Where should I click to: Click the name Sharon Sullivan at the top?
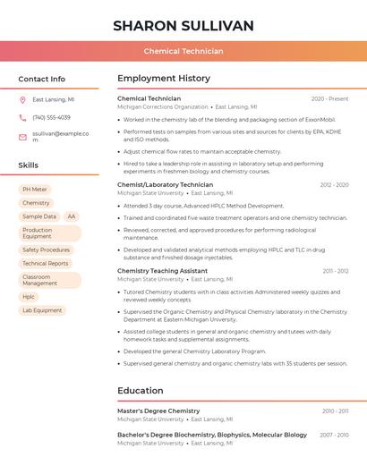[183, 25]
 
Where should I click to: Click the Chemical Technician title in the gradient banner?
[183, 52]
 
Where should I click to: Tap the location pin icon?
[22, 100]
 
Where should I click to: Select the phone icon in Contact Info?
[22, 117]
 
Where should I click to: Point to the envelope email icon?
[22, 137]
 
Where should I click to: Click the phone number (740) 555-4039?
[51, 117]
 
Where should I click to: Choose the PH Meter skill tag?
[35, 190]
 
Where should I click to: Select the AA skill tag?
[71, 216]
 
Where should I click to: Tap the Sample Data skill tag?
[38, 216]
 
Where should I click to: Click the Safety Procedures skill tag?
[46, 250]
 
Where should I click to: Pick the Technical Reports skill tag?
[45, 263]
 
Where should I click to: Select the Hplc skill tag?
[29, 297]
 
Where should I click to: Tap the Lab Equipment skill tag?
[42, 310]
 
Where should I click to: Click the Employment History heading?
[164, 79]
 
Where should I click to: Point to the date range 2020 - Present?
[329, 98]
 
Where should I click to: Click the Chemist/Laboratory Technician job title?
[165, 184]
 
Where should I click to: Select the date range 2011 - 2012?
[336, 270]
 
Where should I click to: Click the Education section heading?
[141, 391]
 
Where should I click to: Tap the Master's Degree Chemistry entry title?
[158, 411]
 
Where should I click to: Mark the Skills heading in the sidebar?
[29, 165]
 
